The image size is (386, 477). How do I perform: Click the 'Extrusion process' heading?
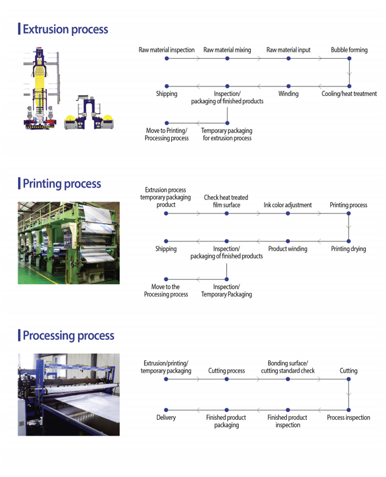(66, 29)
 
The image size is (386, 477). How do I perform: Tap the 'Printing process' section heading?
(62, 184)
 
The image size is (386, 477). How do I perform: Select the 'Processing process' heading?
(68, 336)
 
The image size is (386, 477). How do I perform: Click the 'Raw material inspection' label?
(167, 50)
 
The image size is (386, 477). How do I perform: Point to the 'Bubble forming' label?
(349, 50)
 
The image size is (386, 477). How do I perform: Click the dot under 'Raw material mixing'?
(227, 58)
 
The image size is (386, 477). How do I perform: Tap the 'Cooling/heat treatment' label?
(349, 94)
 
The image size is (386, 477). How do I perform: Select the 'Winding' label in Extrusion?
(288, 94)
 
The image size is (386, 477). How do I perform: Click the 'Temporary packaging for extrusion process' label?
(227, 135)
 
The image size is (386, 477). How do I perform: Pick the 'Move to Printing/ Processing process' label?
(167, 135)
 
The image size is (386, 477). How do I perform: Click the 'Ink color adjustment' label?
(287, 205)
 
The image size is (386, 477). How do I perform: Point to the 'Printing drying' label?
(348, 249)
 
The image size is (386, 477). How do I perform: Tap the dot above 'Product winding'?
(288, 240)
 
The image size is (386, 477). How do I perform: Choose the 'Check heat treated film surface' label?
(226, 201)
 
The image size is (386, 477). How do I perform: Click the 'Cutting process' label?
(227, 371)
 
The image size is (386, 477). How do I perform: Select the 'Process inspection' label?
(348, 418)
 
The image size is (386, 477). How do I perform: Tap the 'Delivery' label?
(166, 418)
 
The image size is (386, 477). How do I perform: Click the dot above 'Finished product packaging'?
(227, 410)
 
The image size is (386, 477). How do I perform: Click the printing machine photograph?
(69, 242)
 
